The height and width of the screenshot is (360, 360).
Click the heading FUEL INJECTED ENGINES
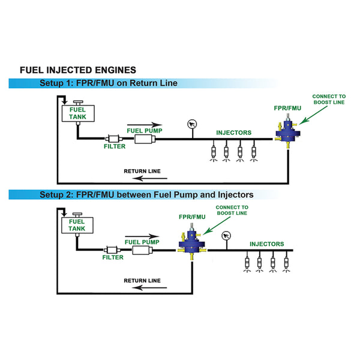(x=78, y=70)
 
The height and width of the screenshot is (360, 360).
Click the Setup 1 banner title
(x=109, y=83)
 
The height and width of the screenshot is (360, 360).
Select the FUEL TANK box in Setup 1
(x=78, y=113)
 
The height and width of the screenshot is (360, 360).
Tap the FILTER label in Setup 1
(x=115, y=146)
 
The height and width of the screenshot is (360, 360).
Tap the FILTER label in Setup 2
(x=112, y=257)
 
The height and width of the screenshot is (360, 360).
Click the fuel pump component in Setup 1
(x=144, y=139)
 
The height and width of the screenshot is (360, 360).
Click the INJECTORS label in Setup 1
(x=234, y=133)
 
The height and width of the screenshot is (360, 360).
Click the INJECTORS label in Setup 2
(x=266, y=244)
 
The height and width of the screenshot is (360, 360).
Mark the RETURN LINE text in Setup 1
(x=142, y=170)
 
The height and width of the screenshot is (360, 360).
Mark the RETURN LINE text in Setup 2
(x=142, y=280)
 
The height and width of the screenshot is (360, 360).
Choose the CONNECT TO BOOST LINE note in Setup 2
(x=232, y=211)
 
